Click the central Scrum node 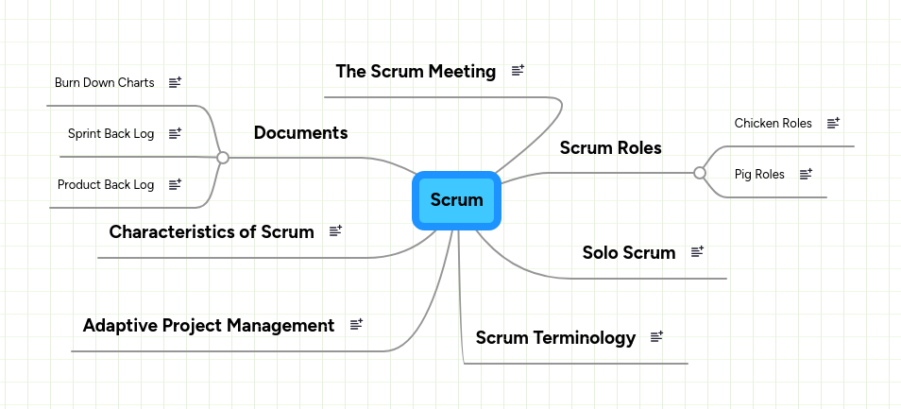(456, 200)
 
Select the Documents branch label (300, 132)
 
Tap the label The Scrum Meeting (416, 71)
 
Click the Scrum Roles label (610, 147)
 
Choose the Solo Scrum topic (628, 252)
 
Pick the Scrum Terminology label (555, 337)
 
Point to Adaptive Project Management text (209, 325)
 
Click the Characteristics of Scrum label (212, 231)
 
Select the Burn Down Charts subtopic (104, 83)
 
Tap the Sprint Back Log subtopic (110, 134)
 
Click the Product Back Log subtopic (106, 185)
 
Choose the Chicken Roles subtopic (773, 123)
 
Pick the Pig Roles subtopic (759, 174)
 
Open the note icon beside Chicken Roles (833, 123)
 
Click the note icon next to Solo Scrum (698, 252)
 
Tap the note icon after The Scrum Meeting (518, 71)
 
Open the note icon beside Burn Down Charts (175, 83)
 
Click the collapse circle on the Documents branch (223, 158)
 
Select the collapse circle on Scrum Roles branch (700, 173)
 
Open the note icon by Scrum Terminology (657, 337)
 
